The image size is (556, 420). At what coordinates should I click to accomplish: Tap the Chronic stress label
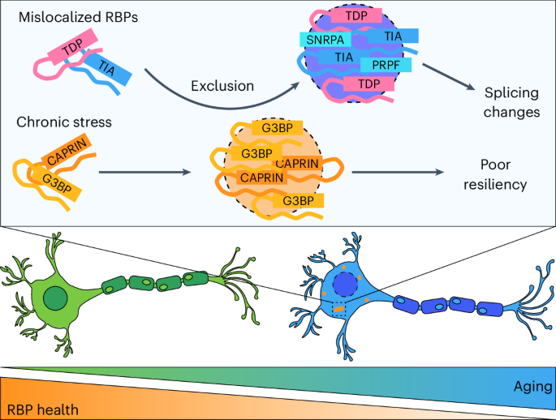point(64,122)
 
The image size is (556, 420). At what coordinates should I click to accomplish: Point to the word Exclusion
point(222,86)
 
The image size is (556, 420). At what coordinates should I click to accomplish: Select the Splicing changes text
point(512,102)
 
